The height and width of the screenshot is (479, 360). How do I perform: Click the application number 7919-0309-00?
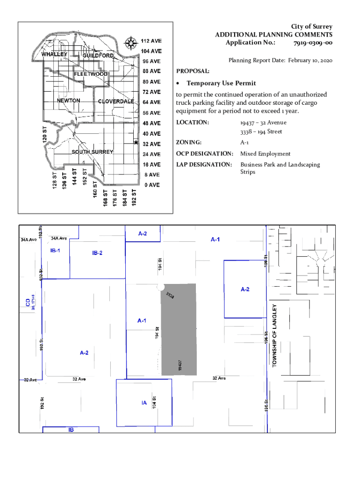click(313, 43)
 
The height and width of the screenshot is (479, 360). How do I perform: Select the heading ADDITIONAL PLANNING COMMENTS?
click(274, 35)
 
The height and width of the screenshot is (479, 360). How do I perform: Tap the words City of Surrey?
click(312, 27)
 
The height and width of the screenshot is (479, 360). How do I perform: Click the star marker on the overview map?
click(136, 142)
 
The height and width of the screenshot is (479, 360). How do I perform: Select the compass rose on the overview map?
click(130, 44)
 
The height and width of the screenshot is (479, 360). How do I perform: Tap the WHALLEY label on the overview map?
click(55, 54)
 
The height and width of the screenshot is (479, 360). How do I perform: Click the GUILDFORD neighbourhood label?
click(98, 56)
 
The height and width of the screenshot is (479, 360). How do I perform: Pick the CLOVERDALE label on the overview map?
click(116, 102)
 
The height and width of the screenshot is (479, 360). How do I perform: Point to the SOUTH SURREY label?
click(92, 152)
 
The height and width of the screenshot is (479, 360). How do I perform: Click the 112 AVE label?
click(151, 41)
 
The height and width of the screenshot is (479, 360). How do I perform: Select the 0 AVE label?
click(151, 185)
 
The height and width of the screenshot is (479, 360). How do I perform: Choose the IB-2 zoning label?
click(97, 253)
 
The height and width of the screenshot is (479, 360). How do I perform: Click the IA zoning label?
click(144, 402)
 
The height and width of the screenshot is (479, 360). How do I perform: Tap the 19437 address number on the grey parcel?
click(180, 365)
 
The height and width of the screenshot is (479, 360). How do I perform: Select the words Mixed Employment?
click(265, 153)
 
